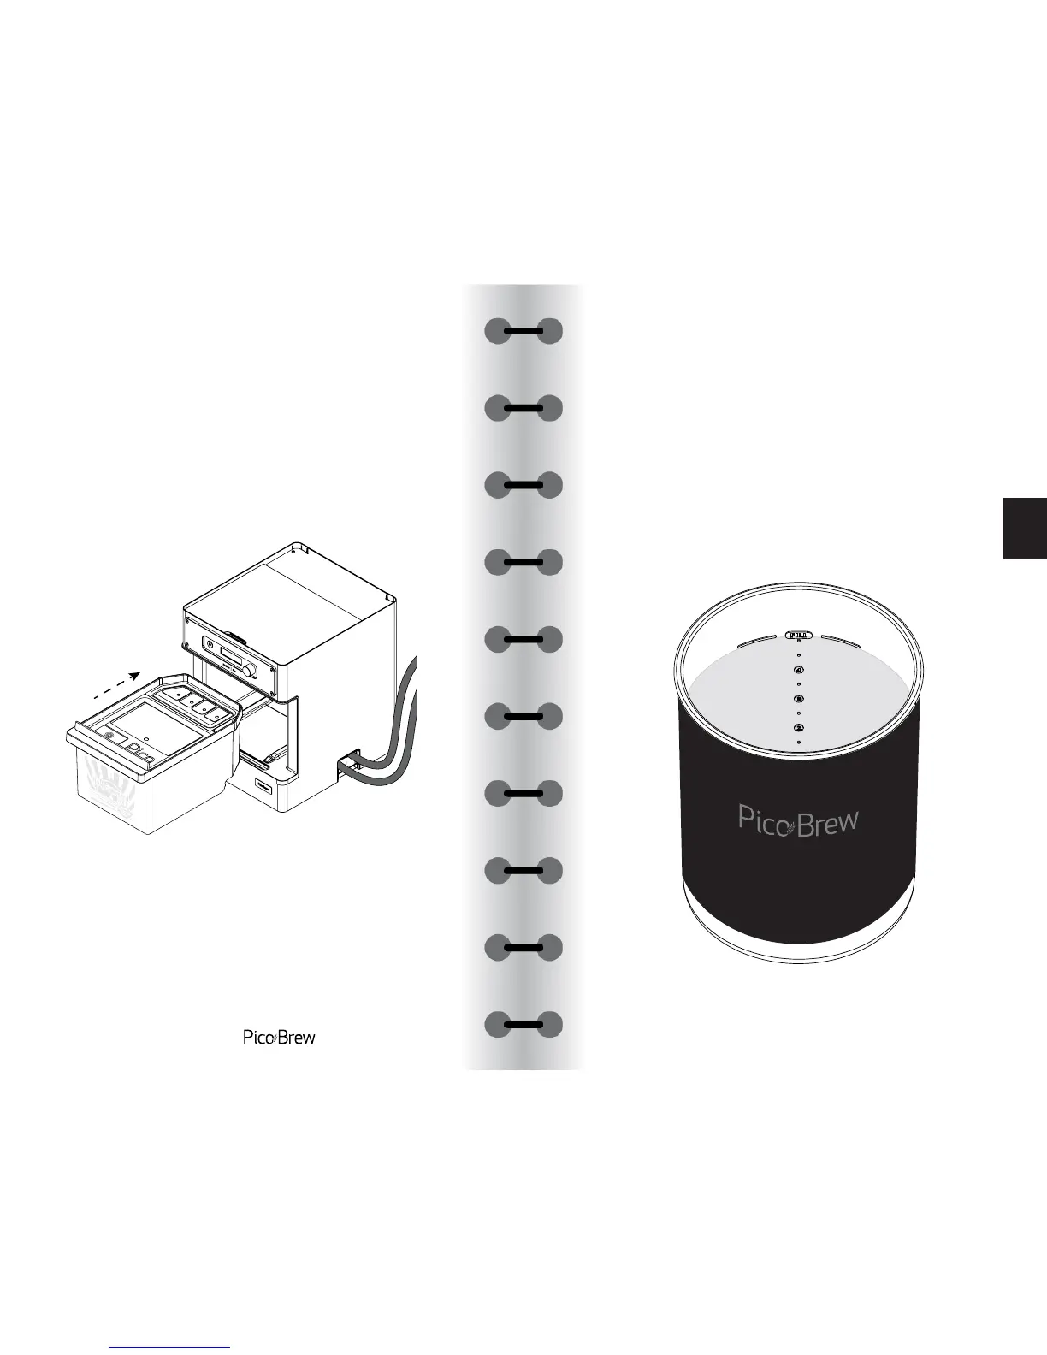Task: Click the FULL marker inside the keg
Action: pyautogui.click(x=798, y=635)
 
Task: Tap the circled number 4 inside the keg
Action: pyautogui.click(x=798, y=670)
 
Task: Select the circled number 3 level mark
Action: pyautogui.click(x=798, y=699)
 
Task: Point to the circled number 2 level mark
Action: pyautogui.click(x=798, y=728)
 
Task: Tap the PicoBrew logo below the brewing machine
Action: pyautogui.click(x=279, y=1038)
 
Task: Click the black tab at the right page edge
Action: pyautogui.click(x=1025, y=527)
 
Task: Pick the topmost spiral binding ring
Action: pyautogui.click(x=523, y=331)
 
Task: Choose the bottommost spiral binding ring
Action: pyautogui.click(x=523, y=1024)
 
